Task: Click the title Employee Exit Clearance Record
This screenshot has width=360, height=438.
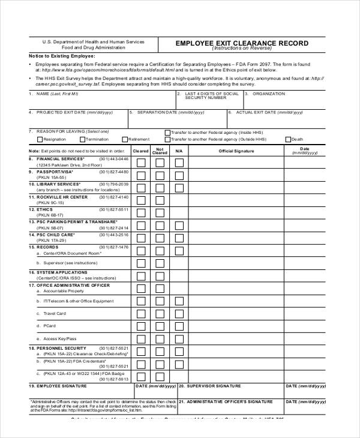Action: [241, 43]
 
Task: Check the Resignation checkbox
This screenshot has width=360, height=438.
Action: [39, 139]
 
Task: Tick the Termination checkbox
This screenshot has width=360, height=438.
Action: [81, 139]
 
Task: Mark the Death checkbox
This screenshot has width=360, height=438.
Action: [288, 139]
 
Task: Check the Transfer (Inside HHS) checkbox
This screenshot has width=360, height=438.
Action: [167, 132]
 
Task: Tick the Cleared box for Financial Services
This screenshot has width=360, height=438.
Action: [140, 162]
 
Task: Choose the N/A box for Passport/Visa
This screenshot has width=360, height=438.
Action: [179, 175]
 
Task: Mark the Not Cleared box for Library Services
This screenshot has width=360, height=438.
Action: [160, 188]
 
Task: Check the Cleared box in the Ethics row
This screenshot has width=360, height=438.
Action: [140, 213]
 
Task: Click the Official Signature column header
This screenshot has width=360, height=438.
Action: [236, 151]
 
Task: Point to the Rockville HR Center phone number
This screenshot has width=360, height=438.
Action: [114, 197]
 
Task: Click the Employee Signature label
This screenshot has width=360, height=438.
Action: [60, 386]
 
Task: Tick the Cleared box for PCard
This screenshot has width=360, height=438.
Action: [140, 326]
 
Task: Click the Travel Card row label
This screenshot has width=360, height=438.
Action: [55, 313]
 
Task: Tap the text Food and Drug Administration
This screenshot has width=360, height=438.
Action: [93, 47]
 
